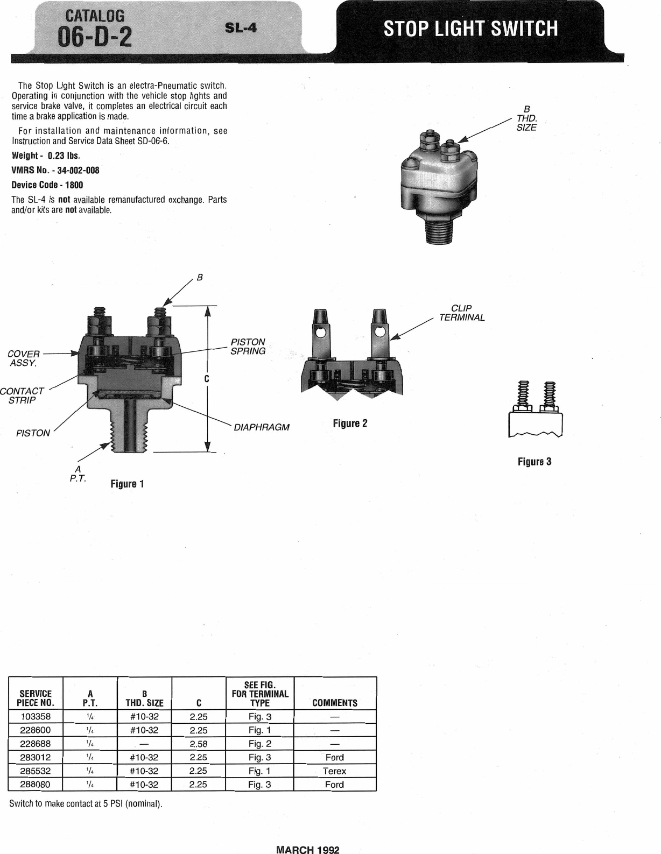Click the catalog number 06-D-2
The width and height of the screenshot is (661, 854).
[95, 37]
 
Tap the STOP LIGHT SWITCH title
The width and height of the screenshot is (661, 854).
[470, 28]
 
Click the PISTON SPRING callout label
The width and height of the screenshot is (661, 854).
[248, 347]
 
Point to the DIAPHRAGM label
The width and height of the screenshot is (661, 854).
[261, 427]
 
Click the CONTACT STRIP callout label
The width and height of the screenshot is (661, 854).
[22, 396]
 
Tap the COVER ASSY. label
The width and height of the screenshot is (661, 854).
[24, 358]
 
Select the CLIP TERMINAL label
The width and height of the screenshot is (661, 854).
[462, 313]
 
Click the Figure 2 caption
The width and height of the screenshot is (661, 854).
[350, 424]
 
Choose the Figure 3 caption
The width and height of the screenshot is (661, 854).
[535, 462]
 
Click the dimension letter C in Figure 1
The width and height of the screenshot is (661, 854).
[207, 379]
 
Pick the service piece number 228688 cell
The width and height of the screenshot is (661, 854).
[36, 744]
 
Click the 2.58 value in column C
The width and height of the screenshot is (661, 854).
[199, 744]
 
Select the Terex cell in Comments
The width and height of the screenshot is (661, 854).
[334, 771]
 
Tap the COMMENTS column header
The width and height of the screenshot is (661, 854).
[334, 703]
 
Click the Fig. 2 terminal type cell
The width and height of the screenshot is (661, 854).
[259, 744]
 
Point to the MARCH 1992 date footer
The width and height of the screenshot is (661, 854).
[308, 850]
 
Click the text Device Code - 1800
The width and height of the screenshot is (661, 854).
[47, 185]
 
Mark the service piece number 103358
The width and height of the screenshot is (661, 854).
[36, 717]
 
